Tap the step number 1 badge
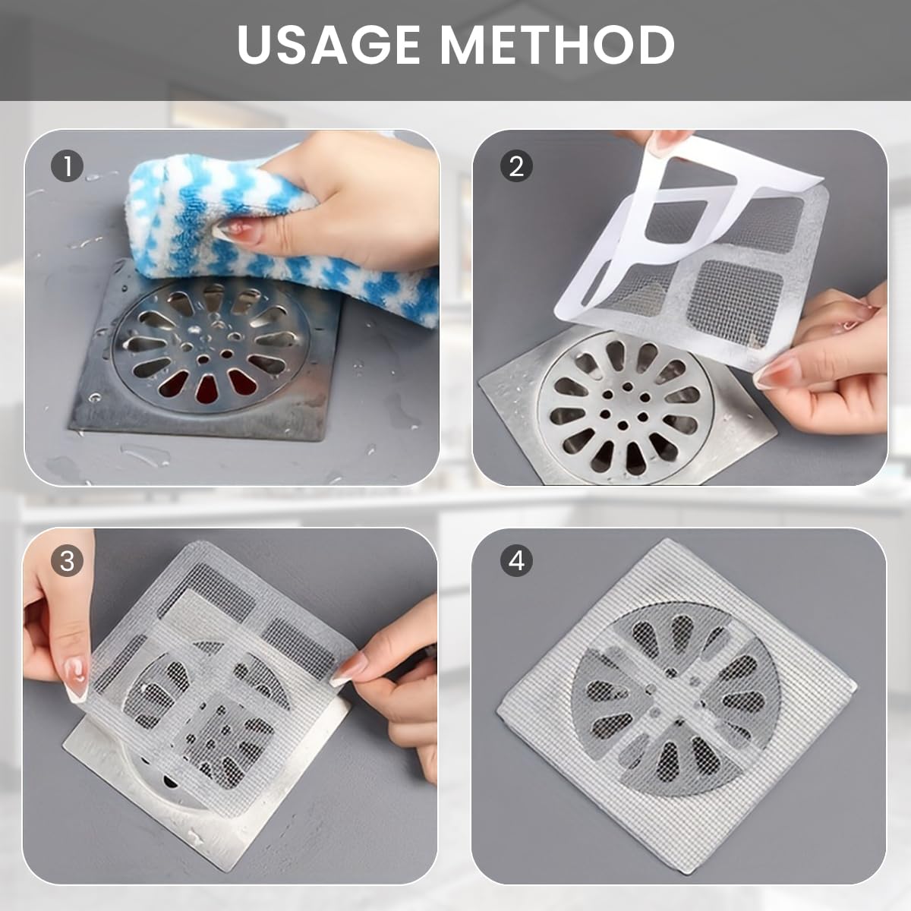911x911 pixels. coord(68,166)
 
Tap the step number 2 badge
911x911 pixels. coord(516,166)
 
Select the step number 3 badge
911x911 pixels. coord(68,561)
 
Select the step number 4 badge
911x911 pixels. coord(516,561)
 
